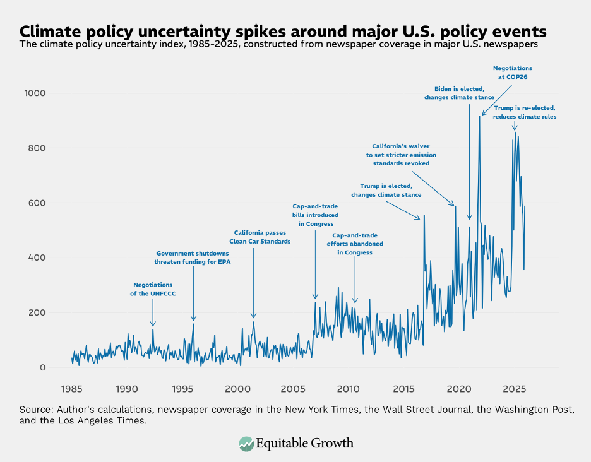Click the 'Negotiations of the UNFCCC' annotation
pyautogui.click(x=152, y=289)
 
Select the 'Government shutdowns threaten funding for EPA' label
pyautogui.click(x=193, y=258)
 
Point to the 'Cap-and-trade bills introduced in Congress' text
pyautogui.click(x=316, y=215)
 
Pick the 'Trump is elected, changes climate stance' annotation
pyautogui.click(x=386, y=191)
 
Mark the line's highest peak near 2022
pyautogui.click(x=480, y=115)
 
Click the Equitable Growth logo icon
pyautogui.click(x=246, y=444)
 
